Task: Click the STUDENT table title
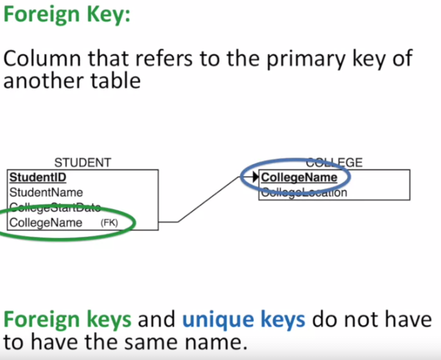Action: [83, 163]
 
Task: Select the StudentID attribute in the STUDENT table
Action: [38, 178]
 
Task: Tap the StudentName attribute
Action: [46, 192]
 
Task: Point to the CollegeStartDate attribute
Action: [55, 207]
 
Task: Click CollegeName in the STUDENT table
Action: [46, 223]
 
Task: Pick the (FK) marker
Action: [110, 223]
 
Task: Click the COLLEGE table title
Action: [334, 163]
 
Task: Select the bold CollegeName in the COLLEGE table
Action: [299, 178]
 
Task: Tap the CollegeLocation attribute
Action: [304, 193]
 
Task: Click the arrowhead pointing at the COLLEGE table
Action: [251, 178]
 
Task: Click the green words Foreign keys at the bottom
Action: [67, 320]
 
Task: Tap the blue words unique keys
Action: [243, 320]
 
